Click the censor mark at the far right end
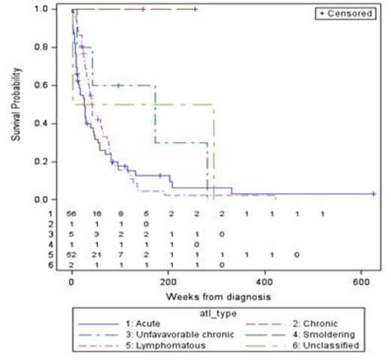click(374, 194)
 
